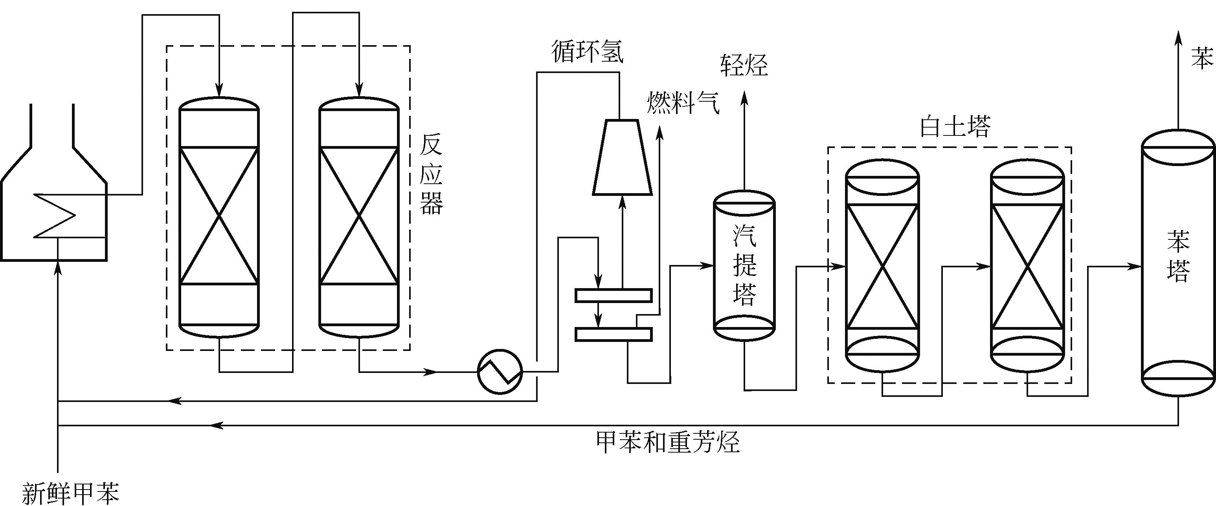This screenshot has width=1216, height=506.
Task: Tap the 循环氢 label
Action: [587, 52]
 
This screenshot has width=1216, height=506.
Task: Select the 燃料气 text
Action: [683, 103]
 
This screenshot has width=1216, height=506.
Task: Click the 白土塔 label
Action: [955, 126]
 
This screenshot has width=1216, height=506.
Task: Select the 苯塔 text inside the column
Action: [1178, 257]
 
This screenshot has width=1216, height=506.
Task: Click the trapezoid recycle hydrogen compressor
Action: [622, 157]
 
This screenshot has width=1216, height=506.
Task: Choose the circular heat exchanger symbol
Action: [500, 372]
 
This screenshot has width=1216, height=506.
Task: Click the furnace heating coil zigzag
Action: [55, 216]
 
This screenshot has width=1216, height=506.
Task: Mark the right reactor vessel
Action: [359, 217]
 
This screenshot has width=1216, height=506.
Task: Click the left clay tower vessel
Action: [882, 267]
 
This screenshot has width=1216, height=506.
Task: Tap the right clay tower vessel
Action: [1027, 267]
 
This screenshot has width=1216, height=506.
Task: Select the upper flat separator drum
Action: [613, 295]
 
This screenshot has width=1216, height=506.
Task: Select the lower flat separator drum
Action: [613, 334]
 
